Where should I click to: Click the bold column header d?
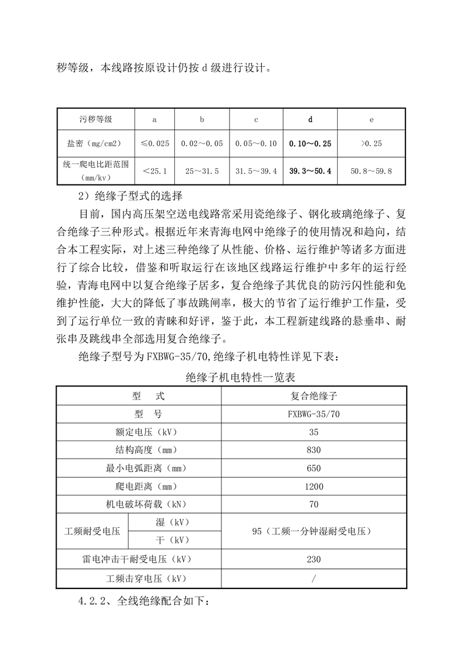click(310, 119)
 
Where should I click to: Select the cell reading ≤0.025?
click(154, 143)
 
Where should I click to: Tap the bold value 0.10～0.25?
click(310, 143)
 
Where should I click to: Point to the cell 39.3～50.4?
click(310, 171)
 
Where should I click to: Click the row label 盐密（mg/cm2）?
click(96, 143)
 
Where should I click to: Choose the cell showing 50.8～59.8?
click(371, 171)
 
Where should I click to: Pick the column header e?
click(371, 119)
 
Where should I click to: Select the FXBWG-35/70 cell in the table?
click(313, 414)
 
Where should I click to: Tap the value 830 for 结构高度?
click(313, 450)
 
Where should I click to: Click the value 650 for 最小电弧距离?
click(313, 467)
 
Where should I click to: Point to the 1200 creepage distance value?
click(313, 485)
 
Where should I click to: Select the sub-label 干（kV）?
click(174, 540)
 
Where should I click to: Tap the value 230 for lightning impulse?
click(313, 559)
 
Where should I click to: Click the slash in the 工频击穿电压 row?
click(313, 578)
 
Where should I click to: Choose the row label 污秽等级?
click(96, 119)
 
